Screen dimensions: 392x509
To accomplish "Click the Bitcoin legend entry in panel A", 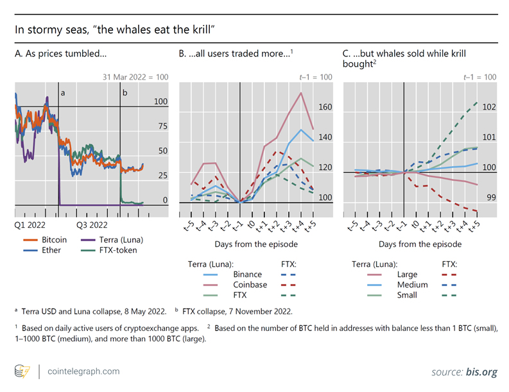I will pyautogui.click(x=53, y=239).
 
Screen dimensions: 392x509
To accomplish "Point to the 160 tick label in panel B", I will pyautogui.click(x=325, y=107).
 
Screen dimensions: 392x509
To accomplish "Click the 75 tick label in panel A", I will pyautogui.click(x=161, y=126).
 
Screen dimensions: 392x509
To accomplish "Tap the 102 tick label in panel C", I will pyautogui.click(x=489, y=107).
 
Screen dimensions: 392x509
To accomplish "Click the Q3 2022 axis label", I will pyautogui.click(x=92, y=225).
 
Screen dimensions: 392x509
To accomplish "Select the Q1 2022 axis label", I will pyautogui.click(x=30, y=225).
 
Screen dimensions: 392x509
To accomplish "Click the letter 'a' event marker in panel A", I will pyautogui.click(x=63, y=93).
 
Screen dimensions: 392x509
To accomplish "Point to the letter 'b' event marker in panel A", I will pyautogui.click(x=125, y=93).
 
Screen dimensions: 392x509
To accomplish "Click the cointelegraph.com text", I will pyautogui.click(x=83, y=371).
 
